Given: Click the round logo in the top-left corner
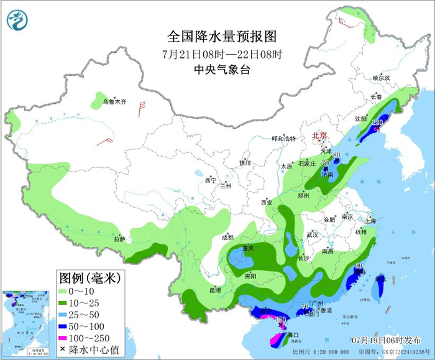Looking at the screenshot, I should [18, 21].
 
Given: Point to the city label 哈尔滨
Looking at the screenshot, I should [381, 78].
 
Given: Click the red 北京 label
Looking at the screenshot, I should [319, 135].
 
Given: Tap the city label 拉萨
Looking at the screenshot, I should [119, 238].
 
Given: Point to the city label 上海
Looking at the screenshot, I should [370, 220].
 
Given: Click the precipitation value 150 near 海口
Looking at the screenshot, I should [281, 319].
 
